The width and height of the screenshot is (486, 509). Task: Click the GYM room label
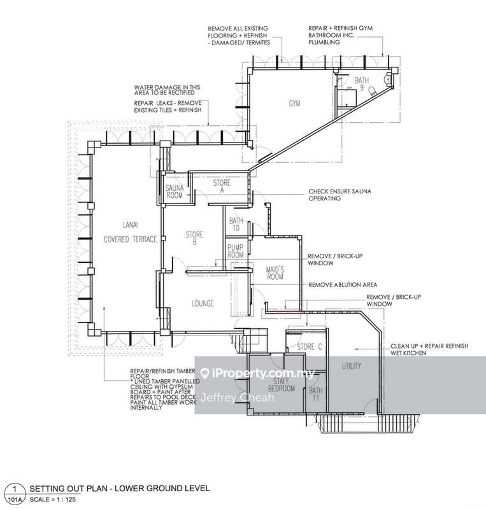point(294,103)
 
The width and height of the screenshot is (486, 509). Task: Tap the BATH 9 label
point(362,84)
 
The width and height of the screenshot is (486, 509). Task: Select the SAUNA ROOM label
point(174,192)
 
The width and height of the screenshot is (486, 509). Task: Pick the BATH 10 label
point(236,224)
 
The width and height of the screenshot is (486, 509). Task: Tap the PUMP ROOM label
point(236,251)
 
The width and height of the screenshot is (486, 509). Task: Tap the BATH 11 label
point(315,394)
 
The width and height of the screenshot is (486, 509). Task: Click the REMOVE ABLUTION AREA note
point(343,284)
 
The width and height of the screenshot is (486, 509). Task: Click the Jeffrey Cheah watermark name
point(228,398)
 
